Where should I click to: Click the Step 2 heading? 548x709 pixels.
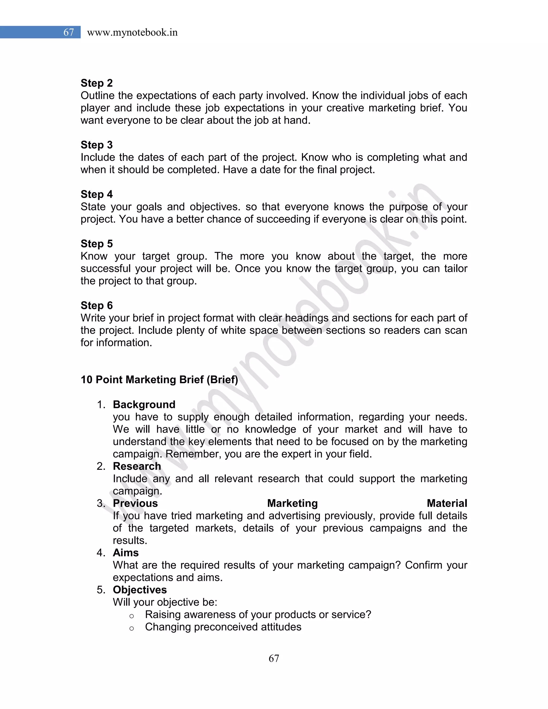tap(96, 83)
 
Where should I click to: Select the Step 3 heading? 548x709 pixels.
tap(96, 145)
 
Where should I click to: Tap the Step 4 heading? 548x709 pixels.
tap(96, 194)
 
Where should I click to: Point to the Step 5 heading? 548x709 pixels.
tap(96, 243)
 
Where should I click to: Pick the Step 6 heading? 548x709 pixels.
tap(96, 305)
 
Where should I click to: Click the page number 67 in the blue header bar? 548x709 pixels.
tap(68, 32)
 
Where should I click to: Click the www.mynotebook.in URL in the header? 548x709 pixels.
tap(132, 32)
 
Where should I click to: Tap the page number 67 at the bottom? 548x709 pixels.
tap(274, 658)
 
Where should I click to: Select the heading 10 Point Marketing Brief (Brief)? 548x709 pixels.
tap(159, 379)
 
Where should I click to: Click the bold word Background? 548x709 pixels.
tap(144, 405)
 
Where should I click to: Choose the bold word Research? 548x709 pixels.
tap(137, 466)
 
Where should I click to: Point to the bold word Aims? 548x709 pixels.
tap(126, 552)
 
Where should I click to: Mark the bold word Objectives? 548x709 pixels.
tap(140, 589)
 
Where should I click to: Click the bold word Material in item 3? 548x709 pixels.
tap(447, 503)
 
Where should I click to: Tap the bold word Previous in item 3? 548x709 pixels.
tap(135, 503)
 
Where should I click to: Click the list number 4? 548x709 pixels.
tap(101, 552)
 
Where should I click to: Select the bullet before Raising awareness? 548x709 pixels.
tap(131, 616)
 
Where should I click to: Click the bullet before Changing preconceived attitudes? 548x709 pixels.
tap(131, 628)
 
